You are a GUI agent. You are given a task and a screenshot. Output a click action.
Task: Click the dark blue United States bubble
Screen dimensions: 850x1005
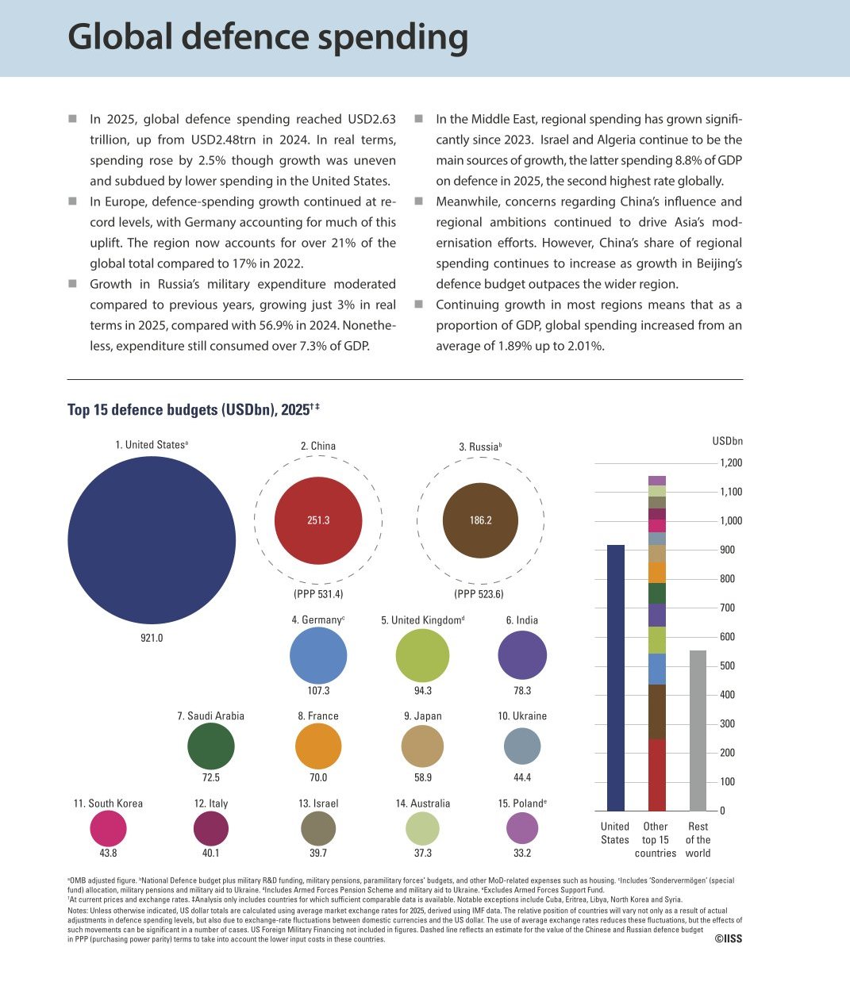tap(152, 540)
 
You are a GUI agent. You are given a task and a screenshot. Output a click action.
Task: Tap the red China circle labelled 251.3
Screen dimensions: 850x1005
tap(318, 520)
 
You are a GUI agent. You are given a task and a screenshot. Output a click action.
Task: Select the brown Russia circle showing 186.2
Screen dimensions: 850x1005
tap(480, 520)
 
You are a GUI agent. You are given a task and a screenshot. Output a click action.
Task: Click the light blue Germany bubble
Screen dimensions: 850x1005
tap(318, 655)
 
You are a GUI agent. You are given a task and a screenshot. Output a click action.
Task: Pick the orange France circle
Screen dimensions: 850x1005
tap(318, 746)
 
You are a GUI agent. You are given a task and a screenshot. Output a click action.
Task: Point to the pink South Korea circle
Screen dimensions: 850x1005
tap(108, 828)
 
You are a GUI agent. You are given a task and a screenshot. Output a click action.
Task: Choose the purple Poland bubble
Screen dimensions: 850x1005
tap(522, 828)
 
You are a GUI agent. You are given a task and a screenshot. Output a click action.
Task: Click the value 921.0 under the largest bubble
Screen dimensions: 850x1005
tap(152, 638)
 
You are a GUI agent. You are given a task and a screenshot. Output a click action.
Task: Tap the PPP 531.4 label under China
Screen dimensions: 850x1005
tap(318, 593)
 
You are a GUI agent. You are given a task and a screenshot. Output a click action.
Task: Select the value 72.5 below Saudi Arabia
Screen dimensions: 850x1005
tap(210, 777)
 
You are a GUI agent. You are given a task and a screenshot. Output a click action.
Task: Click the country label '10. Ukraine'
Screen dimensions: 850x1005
tap(522, 715)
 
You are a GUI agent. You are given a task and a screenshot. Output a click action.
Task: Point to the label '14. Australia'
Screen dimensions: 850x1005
tap(423, 804)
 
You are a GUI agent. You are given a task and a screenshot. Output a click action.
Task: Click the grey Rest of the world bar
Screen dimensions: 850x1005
tap(698, 731)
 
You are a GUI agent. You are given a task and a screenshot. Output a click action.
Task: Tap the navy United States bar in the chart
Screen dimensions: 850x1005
tap(616, 677)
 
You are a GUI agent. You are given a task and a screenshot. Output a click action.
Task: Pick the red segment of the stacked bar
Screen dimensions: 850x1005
tap(657, 775)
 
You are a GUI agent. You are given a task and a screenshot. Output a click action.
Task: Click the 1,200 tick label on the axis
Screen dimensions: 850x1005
tap(731, 462)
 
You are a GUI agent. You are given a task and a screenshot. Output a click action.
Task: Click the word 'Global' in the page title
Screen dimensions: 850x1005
tap(120, 37)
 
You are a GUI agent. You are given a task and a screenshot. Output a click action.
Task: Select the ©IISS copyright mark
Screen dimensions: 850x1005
tap(729, 938)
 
